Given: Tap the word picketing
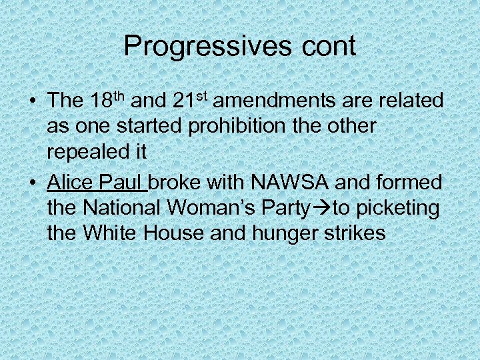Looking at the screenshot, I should tap(398, 209).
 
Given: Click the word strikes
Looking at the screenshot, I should tap(361, 233).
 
